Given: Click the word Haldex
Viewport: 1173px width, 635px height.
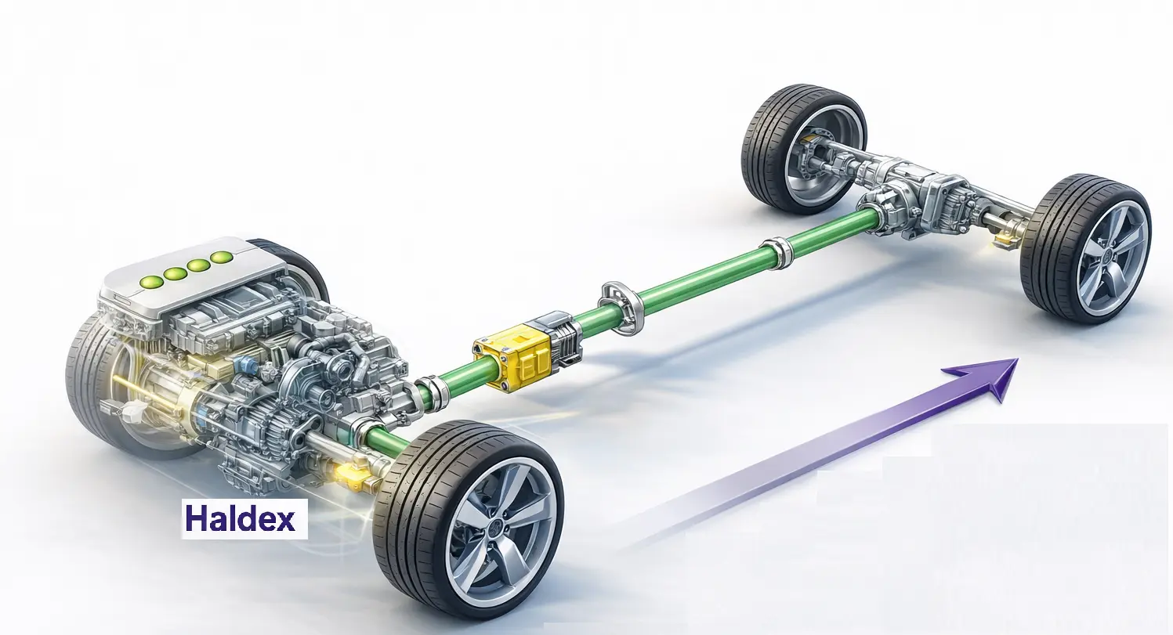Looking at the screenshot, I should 241,519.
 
